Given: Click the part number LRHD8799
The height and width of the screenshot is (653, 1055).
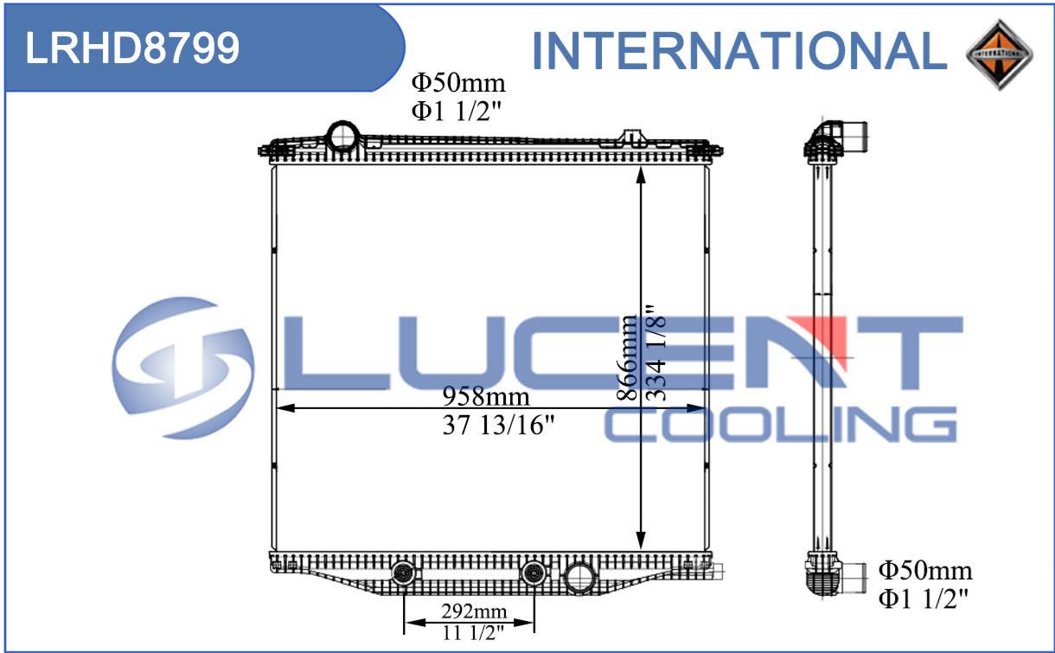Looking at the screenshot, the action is [x=132, y=48].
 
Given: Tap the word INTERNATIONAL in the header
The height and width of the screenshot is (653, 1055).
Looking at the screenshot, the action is [x=739, y=51].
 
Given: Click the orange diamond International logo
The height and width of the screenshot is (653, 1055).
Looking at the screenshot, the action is [x=999, y=54].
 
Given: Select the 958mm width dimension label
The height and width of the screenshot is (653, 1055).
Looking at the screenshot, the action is [x=486, y=397].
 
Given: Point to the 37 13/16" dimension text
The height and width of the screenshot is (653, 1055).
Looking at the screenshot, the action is [x=499, y=425].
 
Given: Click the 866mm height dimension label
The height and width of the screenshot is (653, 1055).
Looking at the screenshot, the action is [x=627, y=357].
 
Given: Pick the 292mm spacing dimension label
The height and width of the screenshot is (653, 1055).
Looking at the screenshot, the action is [x=474, y=611].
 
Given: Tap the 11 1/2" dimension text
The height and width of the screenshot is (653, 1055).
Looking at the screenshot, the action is [x=473, y=633].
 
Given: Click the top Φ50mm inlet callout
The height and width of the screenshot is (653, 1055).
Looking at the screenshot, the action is [x=458, y=83].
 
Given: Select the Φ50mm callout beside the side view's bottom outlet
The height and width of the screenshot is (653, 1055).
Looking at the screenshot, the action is [x=925, y=571].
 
